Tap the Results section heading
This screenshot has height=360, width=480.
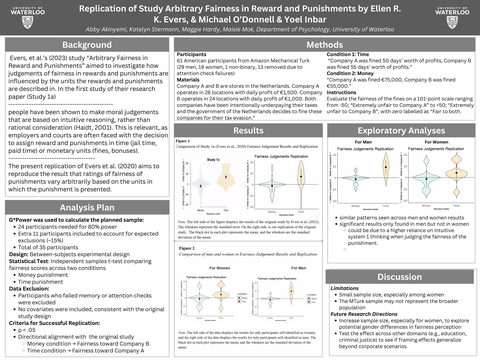(x=235, y=103)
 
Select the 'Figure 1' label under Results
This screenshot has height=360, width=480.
(x=155, y=114)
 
